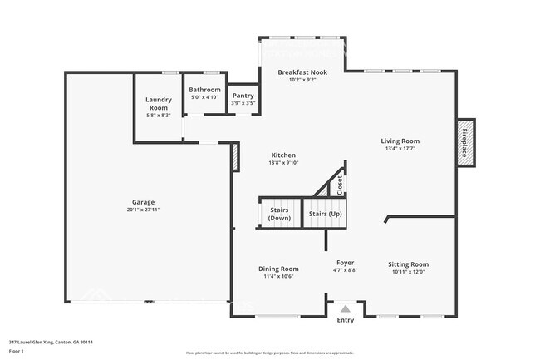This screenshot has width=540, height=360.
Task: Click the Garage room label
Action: [x=143, y=202]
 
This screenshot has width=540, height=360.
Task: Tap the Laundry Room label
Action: [x=158, y=104]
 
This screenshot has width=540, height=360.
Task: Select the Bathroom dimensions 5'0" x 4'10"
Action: [x=204, y=97]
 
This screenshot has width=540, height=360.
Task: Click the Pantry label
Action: [x=243, y=96]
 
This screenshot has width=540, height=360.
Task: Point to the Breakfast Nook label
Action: [x=302, y=72]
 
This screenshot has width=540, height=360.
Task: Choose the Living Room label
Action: [x=400, y=141]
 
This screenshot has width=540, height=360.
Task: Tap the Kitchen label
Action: [x=282, y=155]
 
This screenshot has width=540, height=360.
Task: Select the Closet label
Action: [x=340, y=184]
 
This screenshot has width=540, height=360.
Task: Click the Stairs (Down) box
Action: [x=279, y=214]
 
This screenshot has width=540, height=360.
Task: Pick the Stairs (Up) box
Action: [x=325, y=214]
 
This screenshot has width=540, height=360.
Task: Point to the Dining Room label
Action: [x=278, y=269]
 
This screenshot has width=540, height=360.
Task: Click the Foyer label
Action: [x=345, y=263]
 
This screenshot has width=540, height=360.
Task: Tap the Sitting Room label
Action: [x=408, y=264]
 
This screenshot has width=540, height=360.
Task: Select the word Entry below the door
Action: [x=345, y=320]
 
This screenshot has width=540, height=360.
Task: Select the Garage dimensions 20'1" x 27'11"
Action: [x=143, y=210]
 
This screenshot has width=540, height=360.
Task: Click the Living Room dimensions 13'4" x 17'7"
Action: [x=400, y=149]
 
